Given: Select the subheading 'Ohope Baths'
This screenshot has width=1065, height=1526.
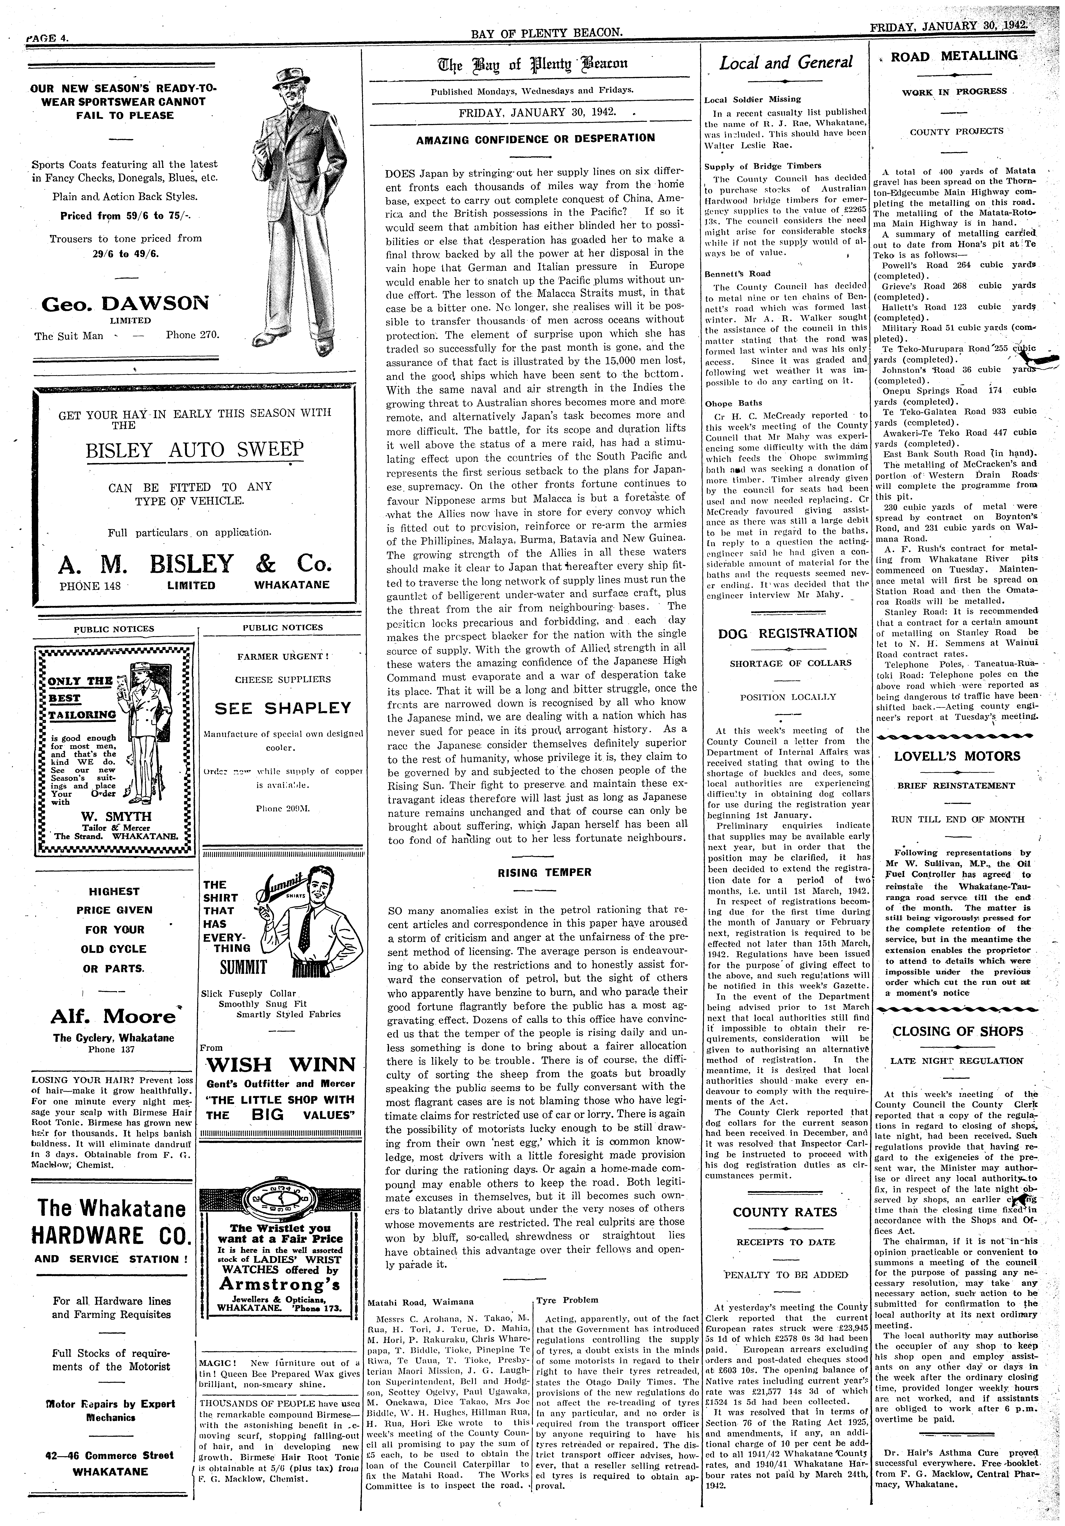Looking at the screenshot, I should (729, 403).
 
